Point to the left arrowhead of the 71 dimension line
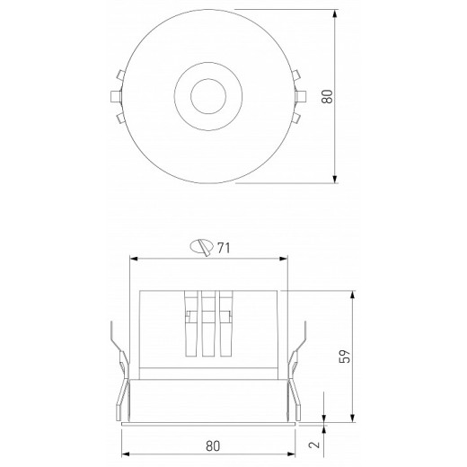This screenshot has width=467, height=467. [135, 260]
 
